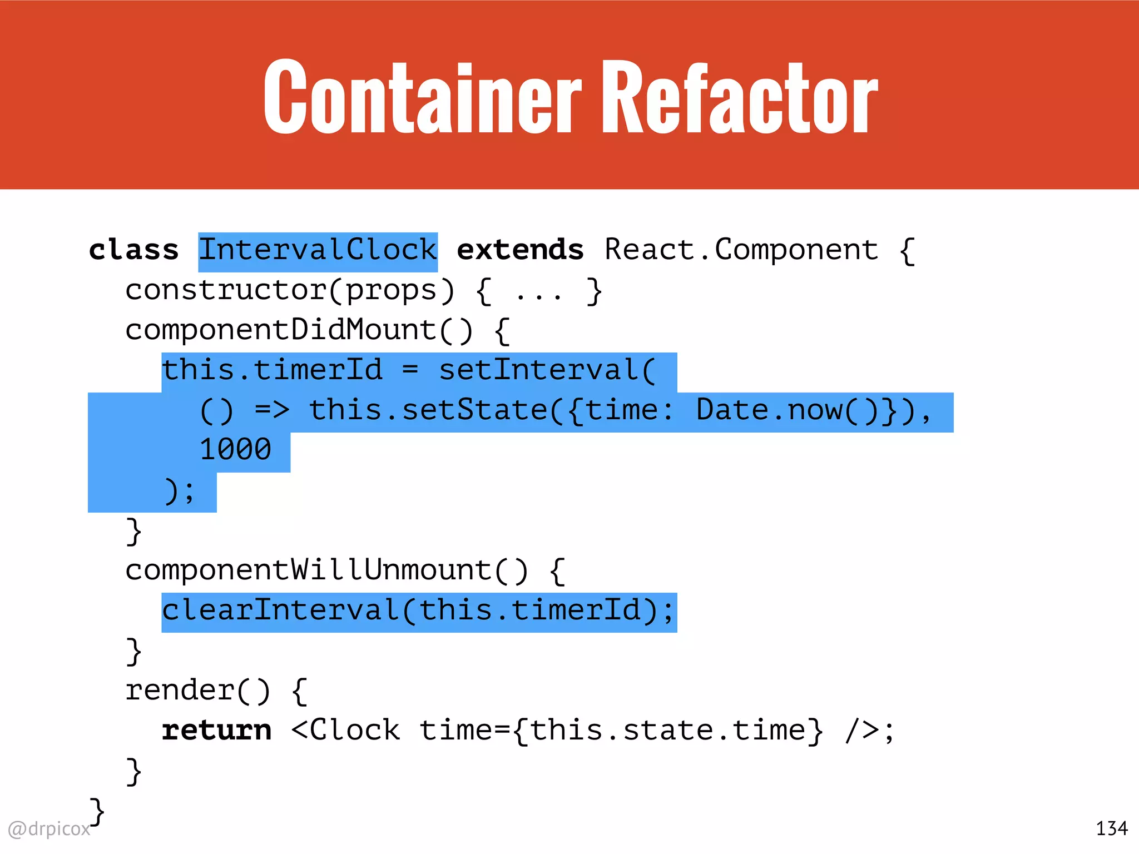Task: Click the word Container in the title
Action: [x=423, y=97]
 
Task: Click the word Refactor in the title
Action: [x=740, y=97]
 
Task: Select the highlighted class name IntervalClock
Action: [x=318, y=251]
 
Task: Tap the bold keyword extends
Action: [x=520, y=250]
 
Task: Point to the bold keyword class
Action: [x=133, y=250]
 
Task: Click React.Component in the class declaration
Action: [x=741, y=251]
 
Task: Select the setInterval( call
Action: [x=547, y=371]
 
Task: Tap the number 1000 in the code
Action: [x=235, y=450]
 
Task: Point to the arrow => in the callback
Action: [x=272, y=411]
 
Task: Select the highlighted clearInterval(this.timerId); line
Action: [x=418, y=611]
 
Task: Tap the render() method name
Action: [x=198, y=691]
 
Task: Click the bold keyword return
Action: [x=216, y=731]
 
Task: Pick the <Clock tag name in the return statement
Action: [x=345, y=731]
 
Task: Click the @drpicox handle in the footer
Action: [x=49, y=829]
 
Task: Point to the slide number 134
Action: [x=1111, y=829]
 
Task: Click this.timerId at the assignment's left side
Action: [x=272, y=371]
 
